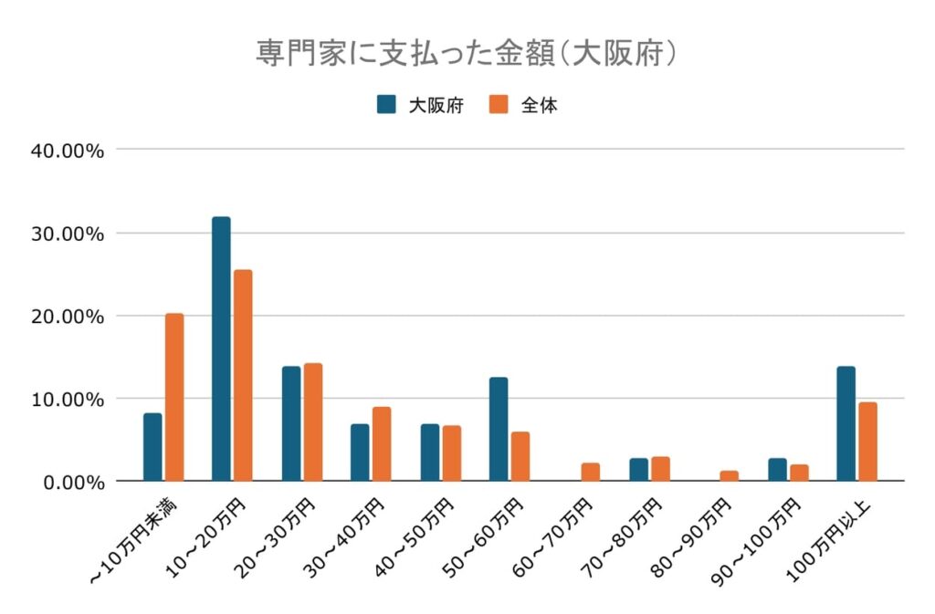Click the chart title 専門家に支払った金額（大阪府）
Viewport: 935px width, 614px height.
click(467, 52)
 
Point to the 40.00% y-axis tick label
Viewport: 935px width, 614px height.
click(68, 151)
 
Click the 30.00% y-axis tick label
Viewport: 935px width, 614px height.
click(68, 234)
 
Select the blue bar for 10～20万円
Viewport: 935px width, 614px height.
click(221, 349)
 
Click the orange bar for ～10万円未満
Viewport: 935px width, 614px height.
click(174, 397)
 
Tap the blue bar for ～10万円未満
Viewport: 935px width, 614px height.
click(152, 447)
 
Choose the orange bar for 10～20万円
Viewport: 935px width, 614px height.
click(243, 375)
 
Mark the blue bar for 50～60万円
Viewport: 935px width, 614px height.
click(499, 429)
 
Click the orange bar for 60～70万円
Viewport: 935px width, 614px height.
click(591, 472)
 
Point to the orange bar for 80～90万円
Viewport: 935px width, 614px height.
click(729, 475)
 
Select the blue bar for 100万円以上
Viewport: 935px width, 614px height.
click(846, 423)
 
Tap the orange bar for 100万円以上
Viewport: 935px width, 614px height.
click(867, 442)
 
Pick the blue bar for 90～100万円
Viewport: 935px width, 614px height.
click(777, 469)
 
